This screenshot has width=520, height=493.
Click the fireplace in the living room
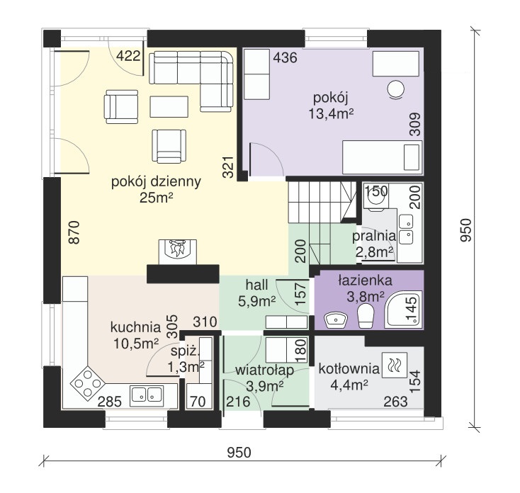177,252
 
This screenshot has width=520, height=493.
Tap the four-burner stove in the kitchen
88,383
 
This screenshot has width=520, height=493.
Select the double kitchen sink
147,395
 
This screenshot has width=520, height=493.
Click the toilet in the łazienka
366,317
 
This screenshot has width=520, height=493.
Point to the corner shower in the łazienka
403,309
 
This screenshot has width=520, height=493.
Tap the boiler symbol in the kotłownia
395,365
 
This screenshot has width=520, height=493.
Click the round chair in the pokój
395,89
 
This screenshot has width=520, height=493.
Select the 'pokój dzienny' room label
156,182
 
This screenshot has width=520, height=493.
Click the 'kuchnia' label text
135,327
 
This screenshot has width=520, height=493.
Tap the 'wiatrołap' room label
264,370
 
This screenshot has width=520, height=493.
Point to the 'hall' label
256,285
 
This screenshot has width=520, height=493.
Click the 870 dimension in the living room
74,232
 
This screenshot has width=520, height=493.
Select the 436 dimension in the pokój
285,57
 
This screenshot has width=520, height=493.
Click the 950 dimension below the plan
239,453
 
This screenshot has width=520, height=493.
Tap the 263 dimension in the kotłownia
395,402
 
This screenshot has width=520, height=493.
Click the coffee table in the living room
169,107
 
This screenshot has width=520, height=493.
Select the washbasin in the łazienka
335,320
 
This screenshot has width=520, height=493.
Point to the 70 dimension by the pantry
198,402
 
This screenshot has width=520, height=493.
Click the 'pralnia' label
374,237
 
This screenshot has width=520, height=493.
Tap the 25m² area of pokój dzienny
156,198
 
